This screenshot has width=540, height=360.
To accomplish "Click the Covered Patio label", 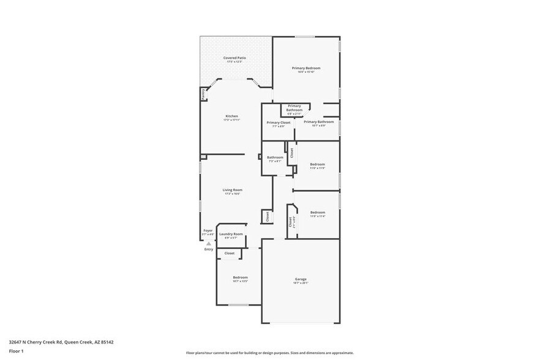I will (x=234, y=58).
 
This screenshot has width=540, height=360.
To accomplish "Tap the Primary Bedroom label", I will (x=306, y=68).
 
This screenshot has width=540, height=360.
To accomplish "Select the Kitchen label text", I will (x=231, y=116).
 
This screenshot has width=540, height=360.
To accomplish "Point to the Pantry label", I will (x=203, y=94).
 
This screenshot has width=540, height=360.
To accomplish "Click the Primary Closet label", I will (x=278, y=122).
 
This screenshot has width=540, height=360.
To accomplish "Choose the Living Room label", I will (x=232, y=190).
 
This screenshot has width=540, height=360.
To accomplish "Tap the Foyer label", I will (x=208, y=231).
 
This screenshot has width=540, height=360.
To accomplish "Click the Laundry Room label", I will (x=231, y=234).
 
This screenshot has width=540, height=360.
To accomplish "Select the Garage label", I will (x=300, y=279).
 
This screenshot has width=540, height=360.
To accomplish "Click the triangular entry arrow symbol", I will (x=209, y=243).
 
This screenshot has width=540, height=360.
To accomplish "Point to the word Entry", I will (x=209, y=249).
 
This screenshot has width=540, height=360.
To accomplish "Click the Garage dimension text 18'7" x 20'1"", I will (x=300, y=283).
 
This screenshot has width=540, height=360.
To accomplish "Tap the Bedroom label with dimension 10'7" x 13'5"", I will (x=240, y=277).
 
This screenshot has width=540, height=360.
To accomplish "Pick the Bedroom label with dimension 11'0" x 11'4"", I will (x=317, y=212).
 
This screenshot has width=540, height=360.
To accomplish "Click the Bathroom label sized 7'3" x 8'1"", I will (x=274, y=157).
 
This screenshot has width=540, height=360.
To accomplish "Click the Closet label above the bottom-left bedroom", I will (x=229, y=253).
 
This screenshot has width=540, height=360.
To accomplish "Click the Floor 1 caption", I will (x=16, y=351).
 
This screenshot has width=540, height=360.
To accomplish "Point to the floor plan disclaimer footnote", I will (x=269, y=353).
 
